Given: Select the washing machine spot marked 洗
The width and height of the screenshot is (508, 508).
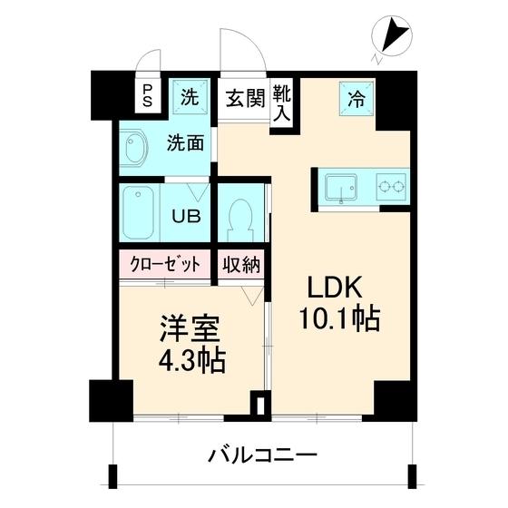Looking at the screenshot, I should [x=190, y=98].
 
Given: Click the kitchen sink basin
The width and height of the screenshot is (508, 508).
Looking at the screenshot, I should [x=342, y=189].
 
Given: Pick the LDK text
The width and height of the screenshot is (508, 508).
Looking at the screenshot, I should [x=336, y=289].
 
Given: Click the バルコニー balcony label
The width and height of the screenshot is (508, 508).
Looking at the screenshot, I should [x=260, y=453].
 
